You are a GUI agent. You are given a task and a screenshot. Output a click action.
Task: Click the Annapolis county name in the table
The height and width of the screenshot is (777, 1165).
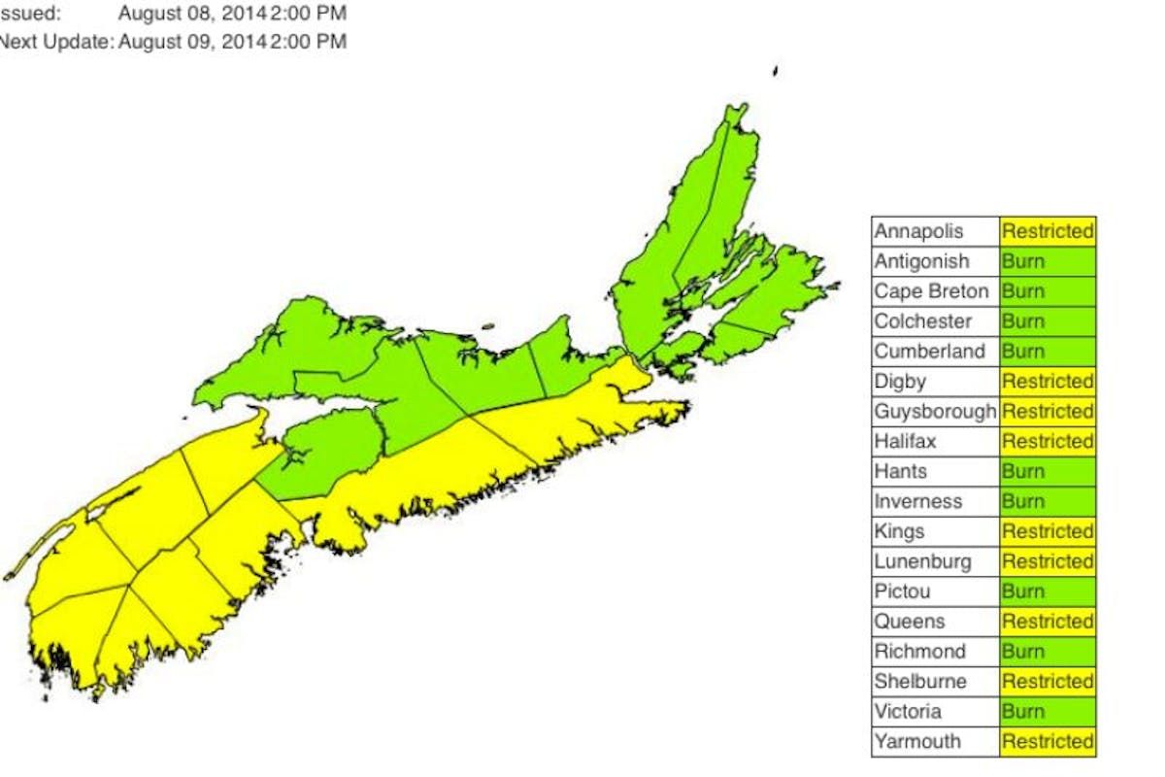[918, 231]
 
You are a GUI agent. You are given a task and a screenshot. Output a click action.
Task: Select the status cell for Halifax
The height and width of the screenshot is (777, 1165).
[1048, 441]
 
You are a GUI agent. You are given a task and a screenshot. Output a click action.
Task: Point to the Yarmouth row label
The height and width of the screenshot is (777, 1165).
[917, 742]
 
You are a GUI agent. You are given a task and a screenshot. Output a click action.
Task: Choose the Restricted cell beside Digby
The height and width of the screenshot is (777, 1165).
[1048, 381]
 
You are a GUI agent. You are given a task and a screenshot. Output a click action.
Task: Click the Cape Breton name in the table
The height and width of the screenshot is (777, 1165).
[931, 291]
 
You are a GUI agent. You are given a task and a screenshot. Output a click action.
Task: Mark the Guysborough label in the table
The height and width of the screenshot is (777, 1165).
[935, 411]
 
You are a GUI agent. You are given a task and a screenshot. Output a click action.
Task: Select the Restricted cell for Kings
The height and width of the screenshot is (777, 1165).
[1048, 531]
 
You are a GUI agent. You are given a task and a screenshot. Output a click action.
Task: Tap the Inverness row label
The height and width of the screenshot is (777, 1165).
[918, 501]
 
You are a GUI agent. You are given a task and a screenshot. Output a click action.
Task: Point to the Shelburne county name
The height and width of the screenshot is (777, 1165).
[919, 682]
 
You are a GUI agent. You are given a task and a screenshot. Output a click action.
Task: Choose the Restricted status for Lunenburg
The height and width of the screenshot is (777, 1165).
[1048, 561]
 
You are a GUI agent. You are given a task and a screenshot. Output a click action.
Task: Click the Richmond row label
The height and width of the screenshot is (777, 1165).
[919, 652]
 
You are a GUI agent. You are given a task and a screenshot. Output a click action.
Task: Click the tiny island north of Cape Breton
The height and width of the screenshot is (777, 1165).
[775, 70]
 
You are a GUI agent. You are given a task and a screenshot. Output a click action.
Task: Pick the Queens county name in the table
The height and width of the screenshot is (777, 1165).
[909, 622]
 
